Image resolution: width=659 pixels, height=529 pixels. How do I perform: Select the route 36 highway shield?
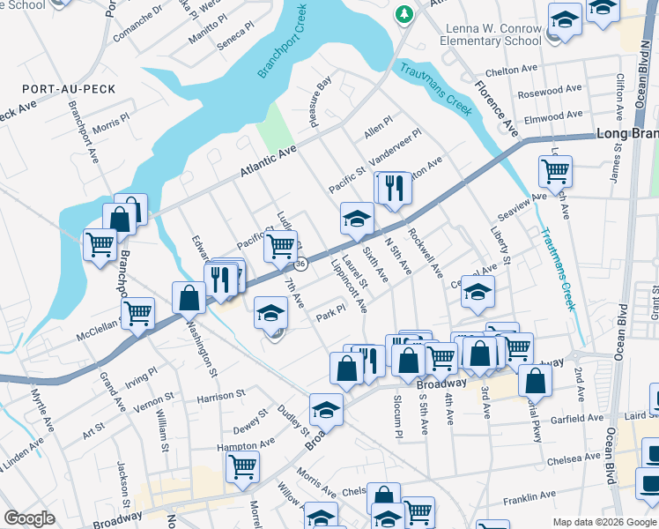tap(300, 264)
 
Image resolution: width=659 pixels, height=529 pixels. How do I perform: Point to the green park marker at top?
tap(404, 13)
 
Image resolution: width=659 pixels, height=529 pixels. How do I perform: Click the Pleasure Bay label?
tap(321, 102)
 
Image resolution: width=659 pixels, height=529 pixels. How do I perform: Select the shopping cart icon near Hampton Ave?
tap(242, 465)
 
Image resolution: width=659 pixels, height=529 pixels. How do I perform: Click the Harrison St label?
tap(220, 397)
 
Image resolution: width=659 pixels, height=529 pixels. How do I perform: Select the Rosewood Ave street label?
tap(551, 91)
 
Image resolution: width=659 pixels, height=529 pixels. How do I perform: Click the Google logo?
tap(29, 518)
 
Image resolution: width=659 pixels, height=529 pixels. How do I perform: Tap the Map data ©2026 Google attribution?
tap(603, 522)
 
